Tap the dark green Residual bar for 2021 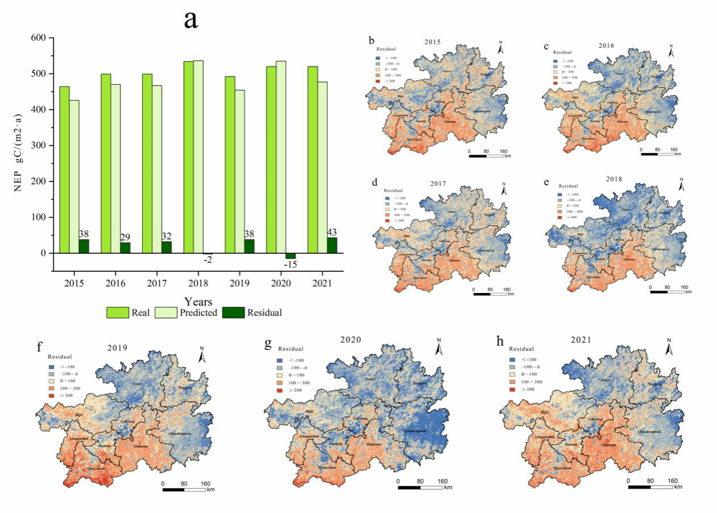click(332, 245)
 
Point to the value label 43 click(332, 233)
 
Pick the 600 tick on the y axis click(38, 38)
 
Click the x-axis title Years click(199, 302)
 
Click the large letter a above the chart click(191, 19)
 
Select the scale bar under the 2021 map click(650, 487)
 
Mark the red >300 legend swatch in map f click(52, 395)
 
